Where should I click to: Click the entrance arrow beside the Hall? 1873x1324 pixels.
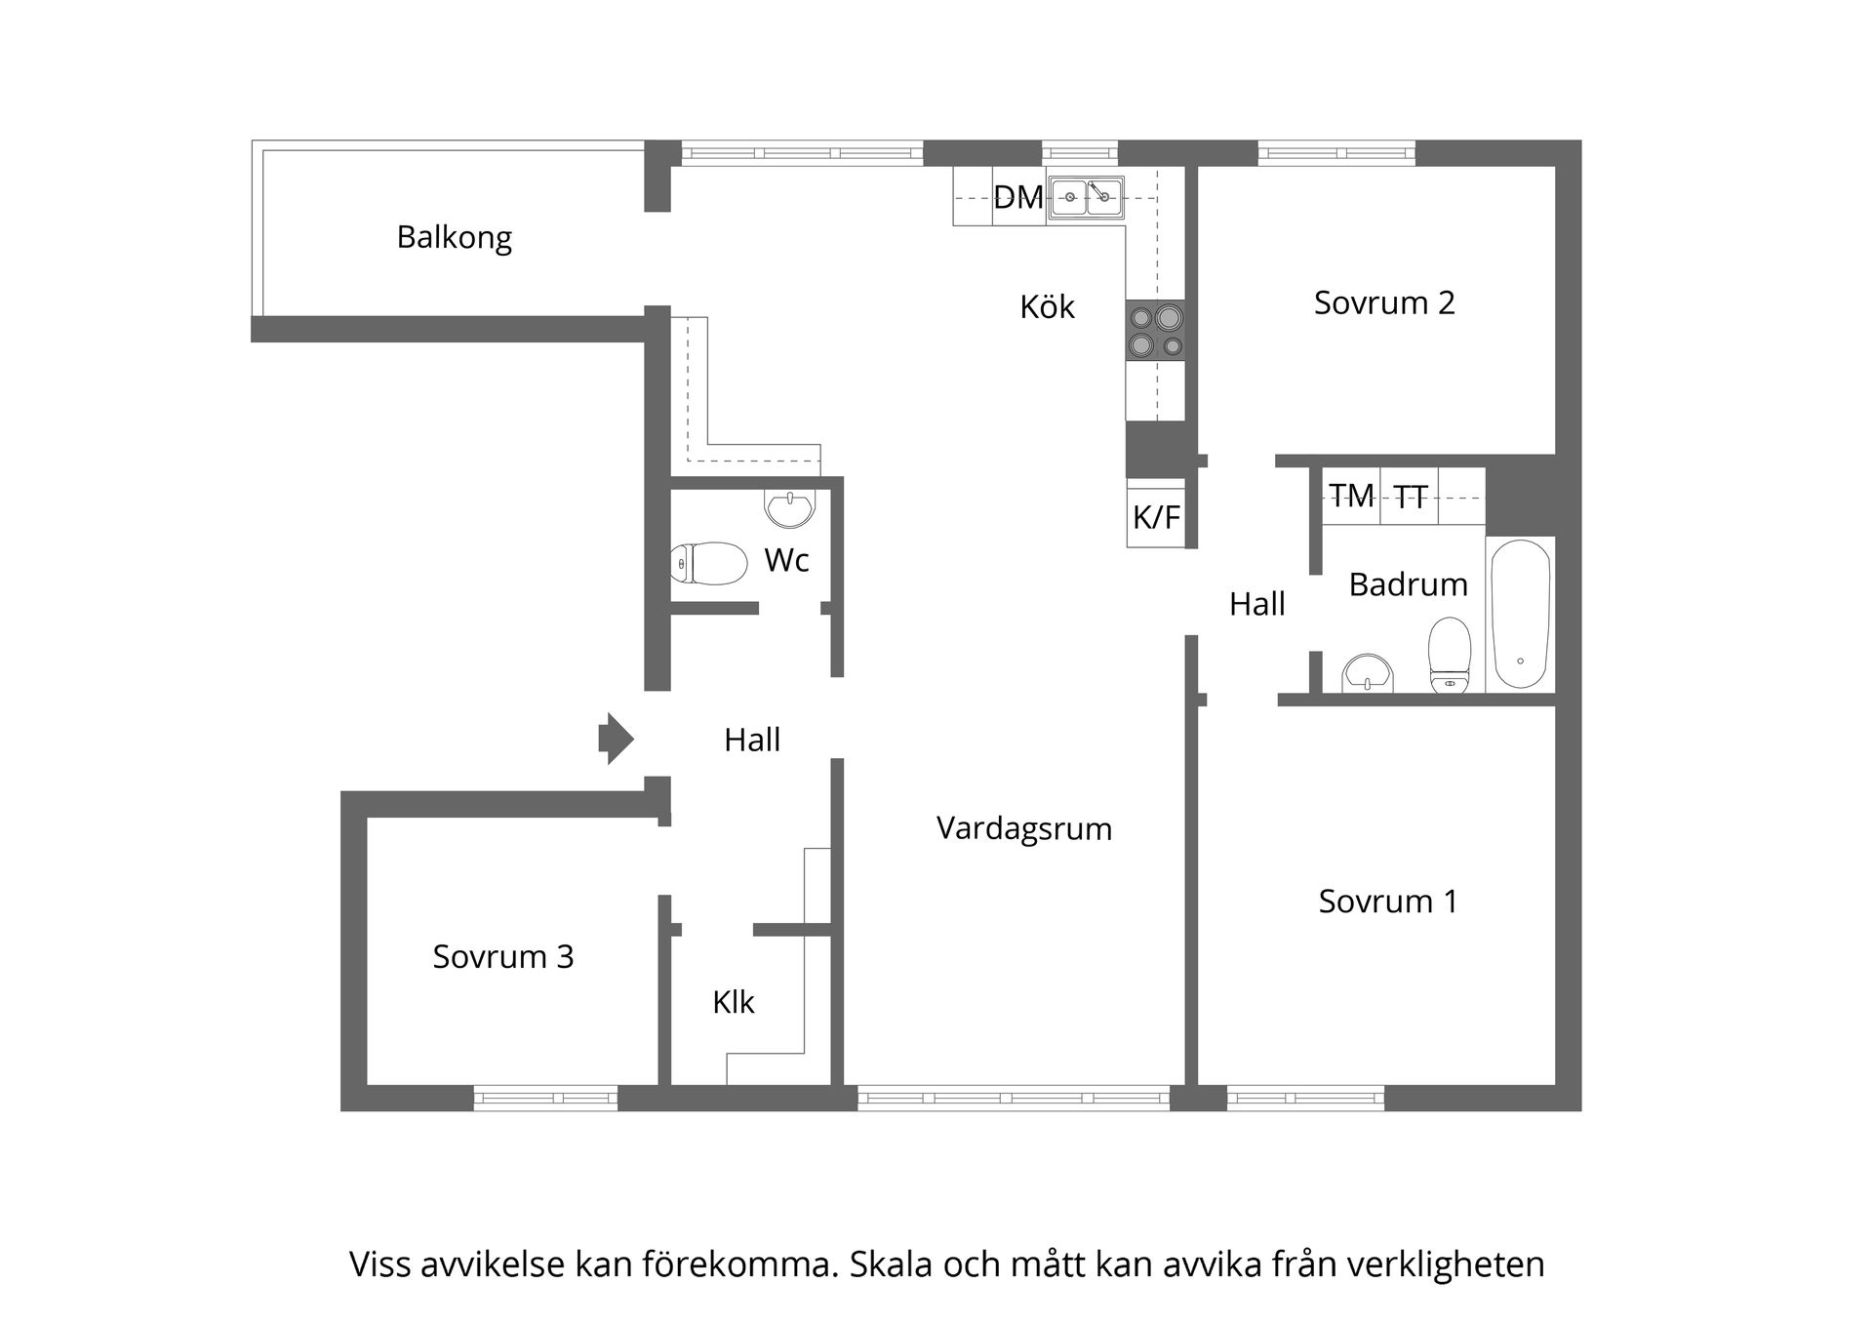click(x=616, y=739)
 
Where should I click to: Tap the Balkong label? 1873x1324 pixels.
click(x=454, y=237)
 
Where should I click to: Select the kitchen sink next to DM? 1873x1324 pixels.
click(x=1087, y=197)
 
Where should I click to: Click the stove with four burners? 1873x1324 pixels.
click(x=1156, y=331)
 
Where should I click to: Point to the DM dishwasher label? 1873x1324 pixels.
click(x=1018, y=197)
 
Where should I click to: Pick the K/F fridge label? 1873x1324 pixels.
click(x=1156, y=516)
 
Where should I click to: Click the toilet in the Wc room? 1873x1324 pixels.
click(x=709, y=563)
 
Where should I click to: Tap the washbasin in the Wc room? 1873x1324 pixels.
click(x=789, y=507)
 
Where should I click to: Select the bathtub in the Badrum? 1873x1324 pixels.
click(x=1520, y=615)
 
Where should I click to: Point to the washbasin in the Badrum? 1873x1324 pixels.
click(x=1368, y=672)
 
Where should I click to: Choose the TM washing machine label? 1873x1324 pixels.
click(x=1351, y=496)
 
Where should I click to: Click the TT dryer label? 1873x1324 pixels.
click(x=1411, y=498)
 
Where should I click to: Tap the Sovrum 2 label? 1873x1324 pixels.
click(x=1384, y=302)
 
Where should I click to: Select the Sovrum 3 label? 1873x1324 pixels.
click(x=503, y=956)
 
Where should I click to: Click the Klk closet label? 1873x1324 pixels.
click(x=734, y=1002)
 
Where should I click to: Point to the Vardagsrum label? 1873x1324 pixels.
click(x=1024, y=828)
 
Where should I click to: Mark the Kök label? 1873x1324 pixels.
click(x=1047, y=307)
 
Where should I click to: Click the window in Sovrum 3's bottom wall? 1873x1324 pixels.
click(x=546, y=1098)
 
